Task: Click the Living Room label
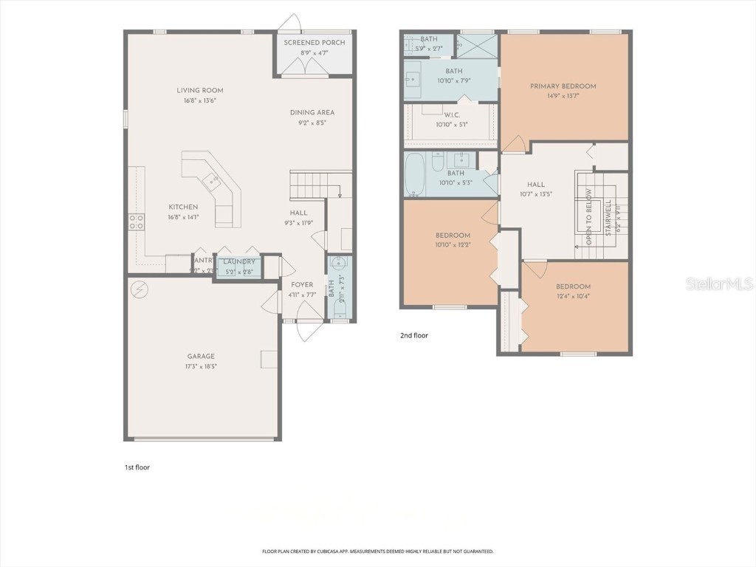coord(199,90)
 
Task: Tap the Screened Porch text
coord(315,43)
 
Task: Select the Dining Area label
coord(312,112)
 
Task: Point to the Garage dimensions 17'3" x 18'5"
coord(201,366)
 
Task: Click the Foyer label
coord(302,284)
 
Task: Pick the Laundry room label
coord(239,261)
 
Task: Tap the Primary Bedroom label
coord(563,86)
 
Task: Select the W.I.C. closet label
coord(453,114)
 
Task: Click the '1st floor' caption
coord(137,467)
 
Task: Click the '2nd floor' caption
coord(414,335)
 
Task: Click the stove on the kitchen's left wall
coord(137,221)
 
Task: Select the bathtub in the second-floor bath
coord(414,174)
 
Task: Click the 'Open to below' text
coord(588,218)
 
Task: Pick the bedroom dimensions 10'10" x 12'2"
coord(453,245)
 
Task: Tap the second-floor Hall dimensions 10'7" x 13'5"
coord(536,195)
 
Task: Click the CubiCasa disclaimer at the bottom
coord(377,551)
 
